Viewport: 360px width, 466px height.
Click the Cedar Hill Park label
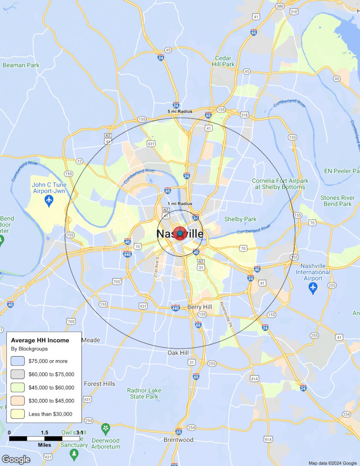pyautogui.click(x=223, y=61)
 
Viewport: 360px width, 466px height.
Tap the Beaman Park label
pyautogui.click(x=21, y=65)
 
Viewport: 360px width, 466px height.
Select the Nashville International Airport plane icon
pyautogui.click(x=313, y=287)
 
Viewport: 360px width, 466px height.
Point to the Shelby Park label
pyautogui.click(x=240, y=219)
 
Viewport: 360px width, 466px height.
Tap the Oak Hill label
pyautogui.click(x=178, y=353)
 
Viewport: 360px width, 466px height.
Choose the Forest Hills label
pyautogui.click(x=99, y=384)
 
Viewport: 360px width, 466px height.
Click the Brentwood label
pyautogui.click(x=178, y=439)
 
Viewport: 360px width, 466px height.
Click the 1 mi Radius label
pyautogui.click(x=180, y=204)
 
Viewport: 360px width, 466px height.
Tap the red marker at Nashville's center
pyautogui.click(x=180, y=233)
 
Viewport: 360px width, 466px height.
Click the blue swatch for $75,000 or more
pyautogui.click(x=18, y=361)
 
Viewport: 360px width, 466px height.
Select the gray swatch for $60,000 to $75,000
pyautogui.click(x=18, y=374)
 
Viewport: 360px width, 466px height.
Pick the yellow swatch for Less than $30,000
pyautogui.click(x=18, y=414)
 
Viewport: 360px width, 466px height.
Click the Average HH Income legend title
pyautogui.click(x=40, y=340)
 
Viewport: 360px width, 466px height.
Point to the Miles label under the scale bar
pyautogui.click(x=45, y=445)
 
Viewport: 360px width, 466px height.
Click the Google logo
pyautogui.click(x=16, y=459)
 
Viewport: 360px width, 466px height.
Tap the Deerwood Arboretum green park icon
pyautogui.click(x=106, y=427)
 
